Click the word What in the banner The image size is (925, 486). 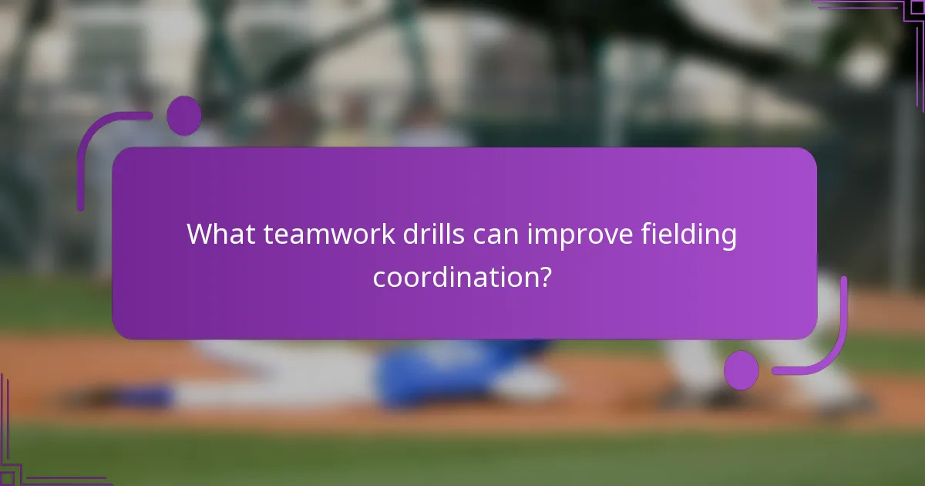tap(220, 234)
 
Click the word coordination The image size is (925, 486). tap(455, 277)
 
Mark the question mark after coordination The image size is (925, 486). tap(544, 277)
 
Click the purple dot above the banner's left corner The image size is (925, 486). tap(183, 116)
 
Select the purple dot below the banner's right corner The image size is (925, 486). tap(741, 370)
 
